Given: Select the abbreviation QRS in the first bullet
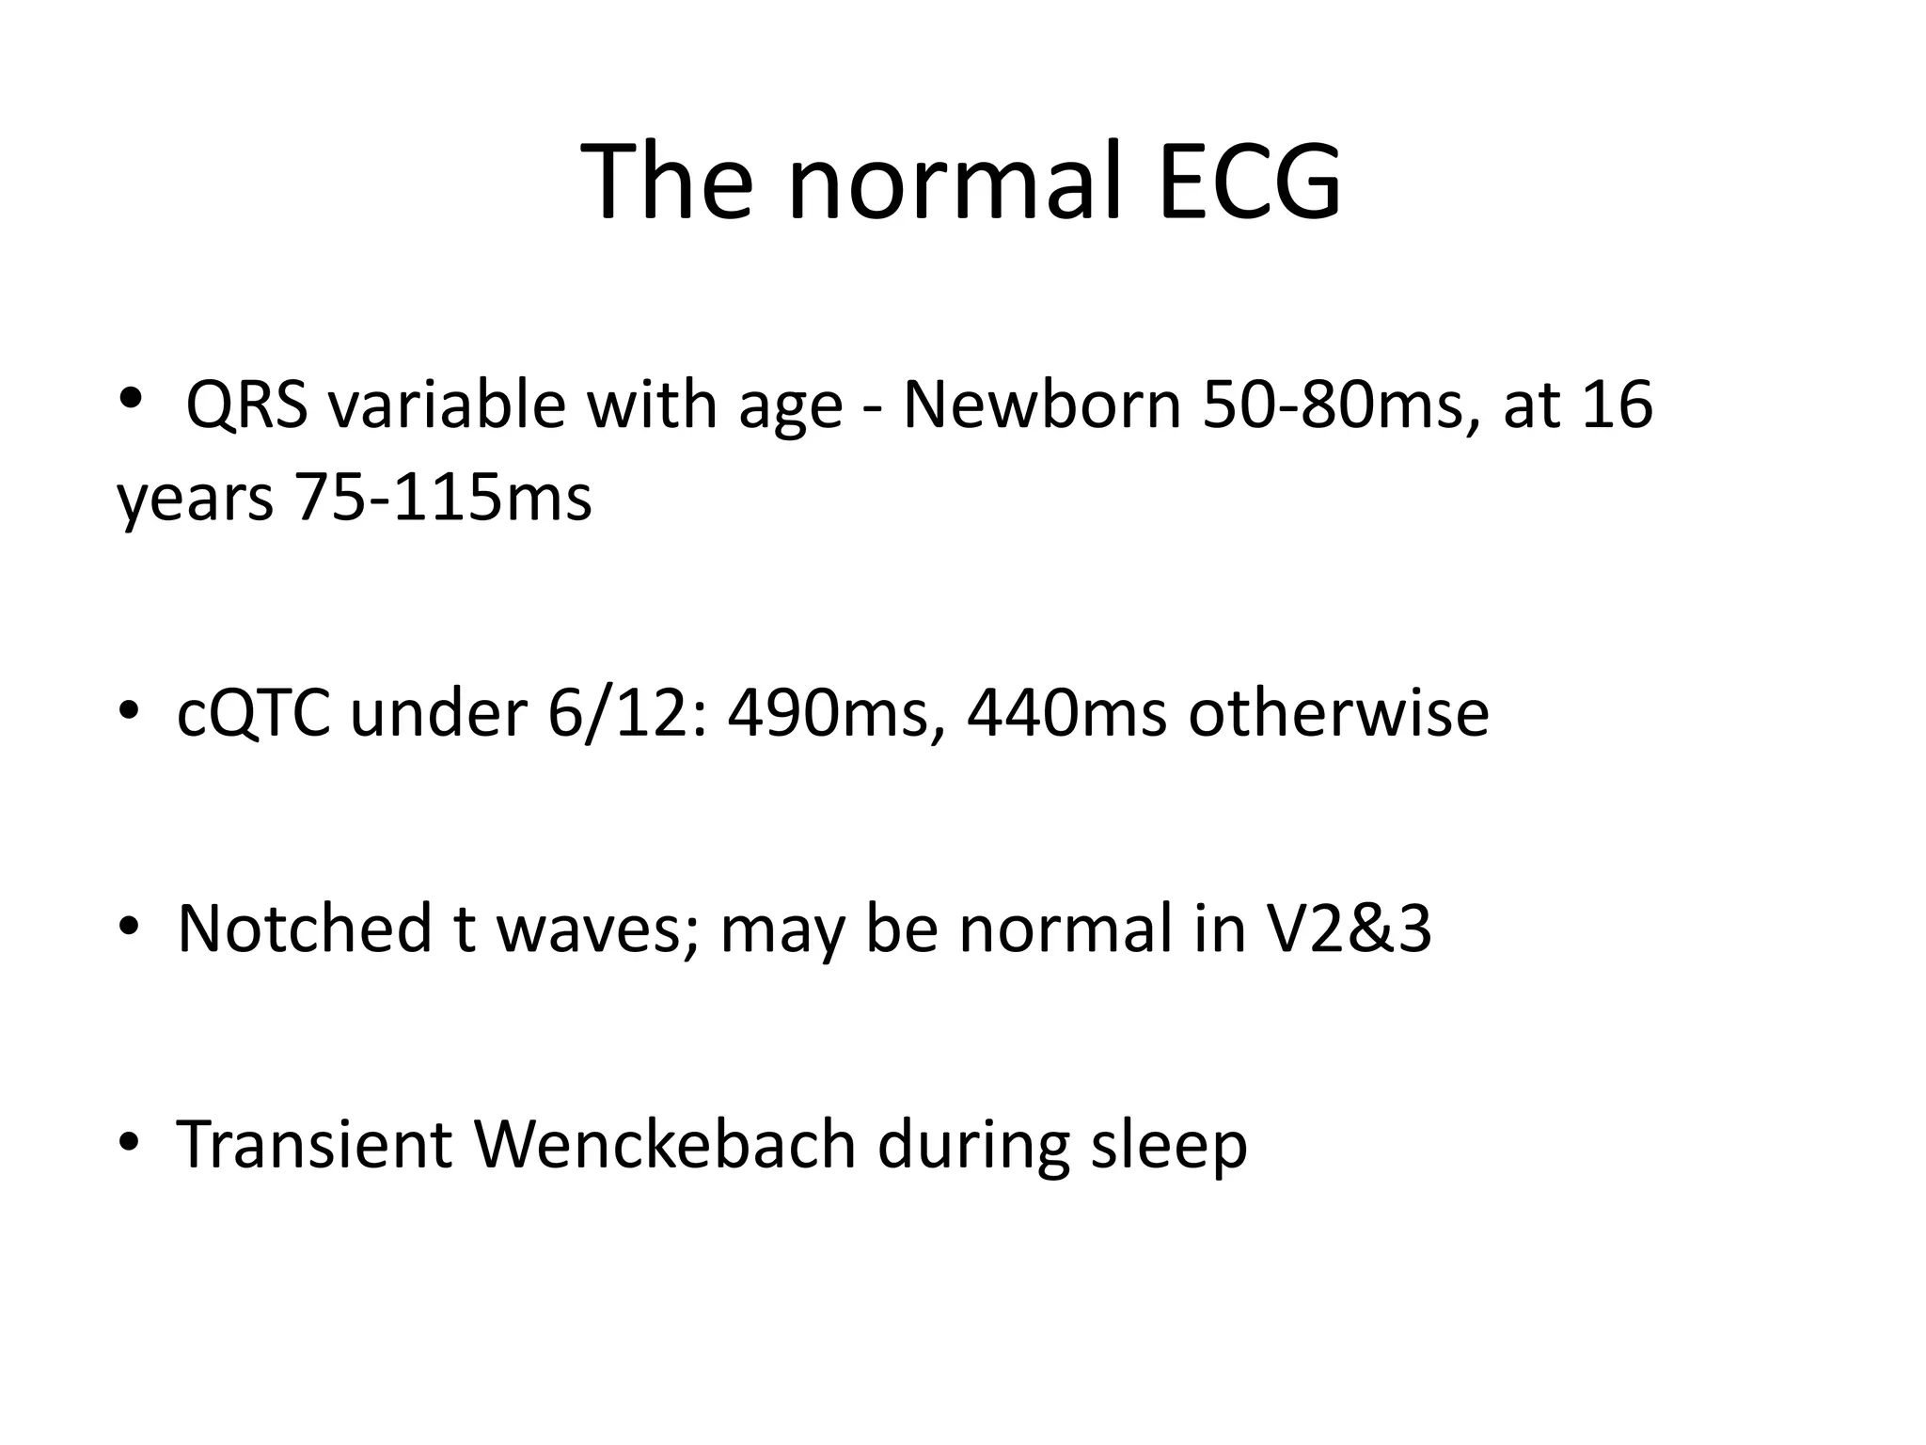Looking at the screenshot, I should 246,405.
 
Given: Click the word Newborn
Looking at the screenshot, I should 1041,405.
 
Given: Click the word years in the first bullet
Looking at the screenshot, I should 195,500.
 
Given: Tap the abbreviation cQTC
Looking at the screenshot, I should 253,714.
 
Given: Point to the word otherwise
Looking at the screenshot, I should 1338,714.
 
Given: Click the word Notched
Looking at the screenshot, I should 304,929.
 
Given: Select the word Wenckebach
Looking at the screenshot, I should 665,1144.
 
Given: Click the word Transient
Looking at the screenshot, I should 314,1144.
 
